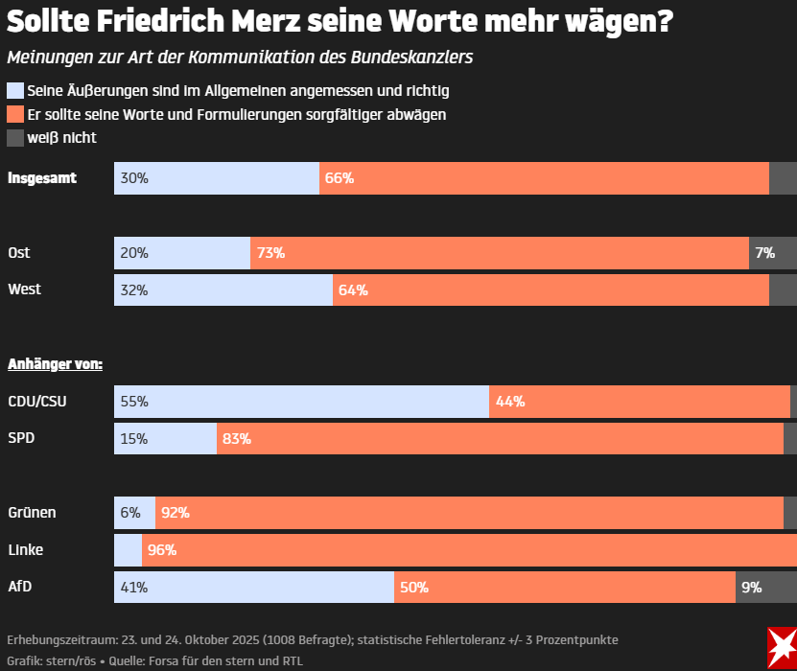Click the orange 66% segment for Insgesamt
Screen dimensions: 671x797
(544, 178)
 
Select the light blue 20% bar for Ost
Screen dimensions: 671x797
(182, 253)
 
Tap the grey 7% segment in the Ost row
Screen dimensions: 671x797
(772, 253)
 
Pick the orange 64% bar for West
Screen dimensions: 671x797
(551, 289)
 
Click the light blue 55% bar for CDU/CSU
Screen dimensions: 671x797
(301, 402)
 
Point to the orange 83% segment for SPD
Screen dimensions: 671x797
(500, 439)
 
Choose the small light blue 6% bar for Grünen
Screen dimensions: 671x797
(134, 513)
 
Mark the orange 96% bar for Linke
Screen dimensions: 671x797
(469, 550)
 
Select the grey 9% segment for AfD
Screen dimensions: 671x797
(765, 588)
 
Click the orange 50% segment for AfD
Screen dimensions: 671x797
(565, 588)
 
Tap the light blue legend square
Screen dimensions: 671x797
(15, 91)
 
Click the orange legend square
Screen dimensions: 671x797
(15, 114)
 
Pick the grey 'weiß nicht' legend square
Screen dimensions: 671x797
(15, 138)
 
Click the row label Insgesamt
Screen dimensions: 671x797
(42, 177)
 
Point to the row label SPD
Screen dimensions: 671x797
(22, 438)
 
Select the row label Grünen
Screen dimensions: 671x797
(32, 513)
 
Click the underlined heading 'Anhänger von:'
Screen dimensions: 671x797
(55, 364)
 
